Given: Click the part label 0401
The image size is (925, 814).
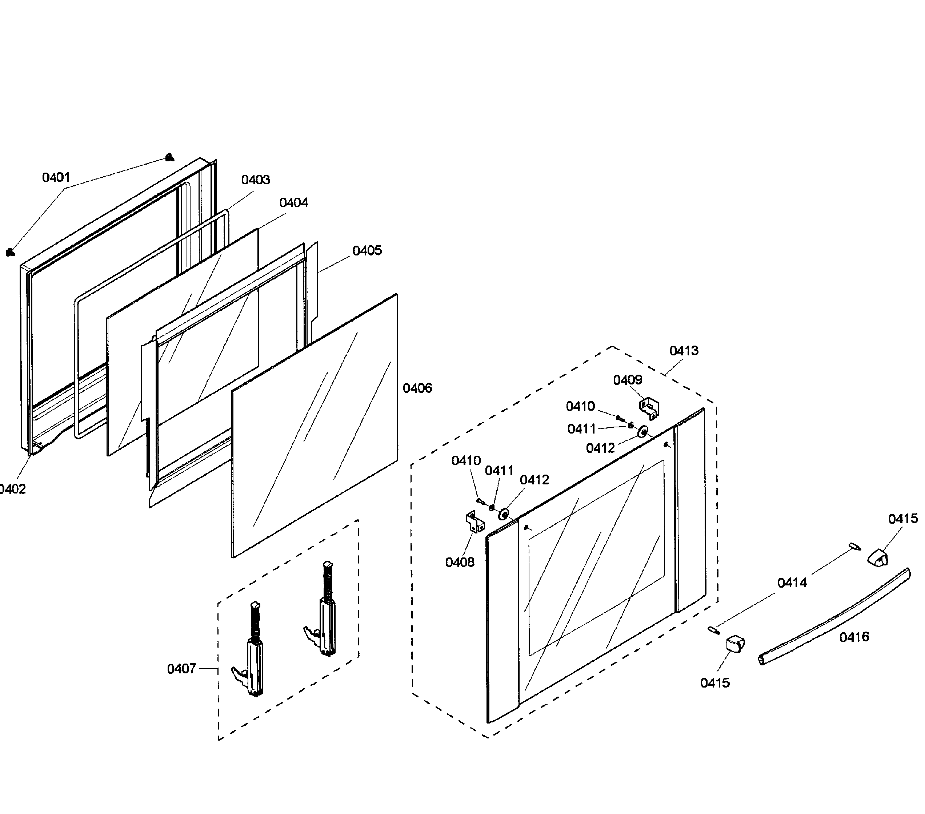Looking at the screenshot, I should pyautogui.click(x=56, y=177).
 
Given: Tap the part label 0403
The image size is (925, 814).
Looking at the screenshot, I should pyautogui.click(x=255, y=180).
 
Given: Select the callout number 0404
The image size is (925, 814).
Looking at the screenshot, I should pyautogui.click(x=294, y=203).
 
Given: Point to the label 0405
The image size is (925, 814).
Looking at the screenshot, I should pyautogui.click(x=367, y=250).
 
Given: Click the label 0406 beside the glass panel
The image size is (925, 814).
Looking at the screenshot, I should pyautogui.click(x=417, y=388).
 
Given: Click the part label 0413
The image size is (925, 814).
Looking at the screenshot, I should pyautogui.click(x=684, y=350).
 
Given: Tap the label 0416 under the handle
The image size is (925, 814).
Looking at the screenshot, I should pyautogui.click(x=854, y=637).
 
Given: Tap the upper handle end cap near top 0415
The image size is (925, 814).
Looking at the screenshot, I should pyautogui.click(x=877, y=557).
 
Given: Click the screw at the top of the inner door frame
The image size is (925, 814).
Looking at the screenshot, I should pyautogui.click(x=169, y=157).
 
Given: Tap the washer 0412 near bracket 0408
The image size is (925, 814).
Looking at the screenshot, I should pyautogui.click(x=503, y=514).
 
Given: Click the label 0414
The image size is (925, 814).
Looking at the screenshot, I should pyautogui.click(x=792, y=583).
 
